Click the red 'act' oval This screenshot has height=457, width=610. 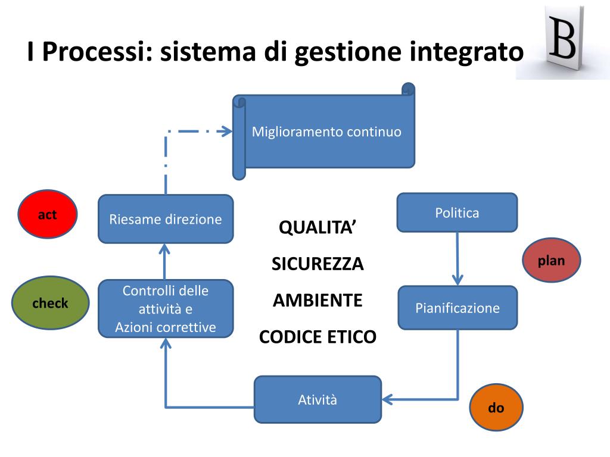[x=48, y=215]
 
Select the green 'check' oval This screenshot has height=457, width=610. [x=50, y=303]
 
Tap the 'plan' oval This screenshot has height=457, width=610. [x=551, y=261]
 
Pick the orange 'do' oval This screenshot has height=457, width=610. [x=496, y=408]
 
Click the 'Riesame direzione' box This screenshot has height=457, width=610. [x=166, y=219]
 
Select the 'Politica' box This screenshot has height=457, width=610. [x=457, y=212]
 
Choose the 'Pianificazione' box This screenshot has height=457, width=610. [x=457, y=308]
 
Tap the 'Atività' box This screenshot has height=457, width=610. [x=318, y=400]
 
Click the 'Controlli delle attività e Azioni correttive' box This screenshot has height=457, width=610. [x=166, y=308]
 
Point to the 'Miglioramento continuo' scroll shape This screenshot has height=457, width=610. [x=326, y=132]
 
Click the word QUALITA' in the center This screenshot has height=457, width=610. [x=318, y=227]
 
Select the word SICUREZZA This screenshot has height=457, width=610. [x=318, y=264]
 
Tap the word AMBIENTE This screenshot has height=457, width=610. [x=318, y=300]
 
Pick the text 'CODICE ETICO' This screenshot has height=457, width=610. [x=318, y=337]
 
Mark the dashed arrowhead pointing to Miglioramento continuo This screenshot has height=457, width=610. [x=226, y=132]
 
